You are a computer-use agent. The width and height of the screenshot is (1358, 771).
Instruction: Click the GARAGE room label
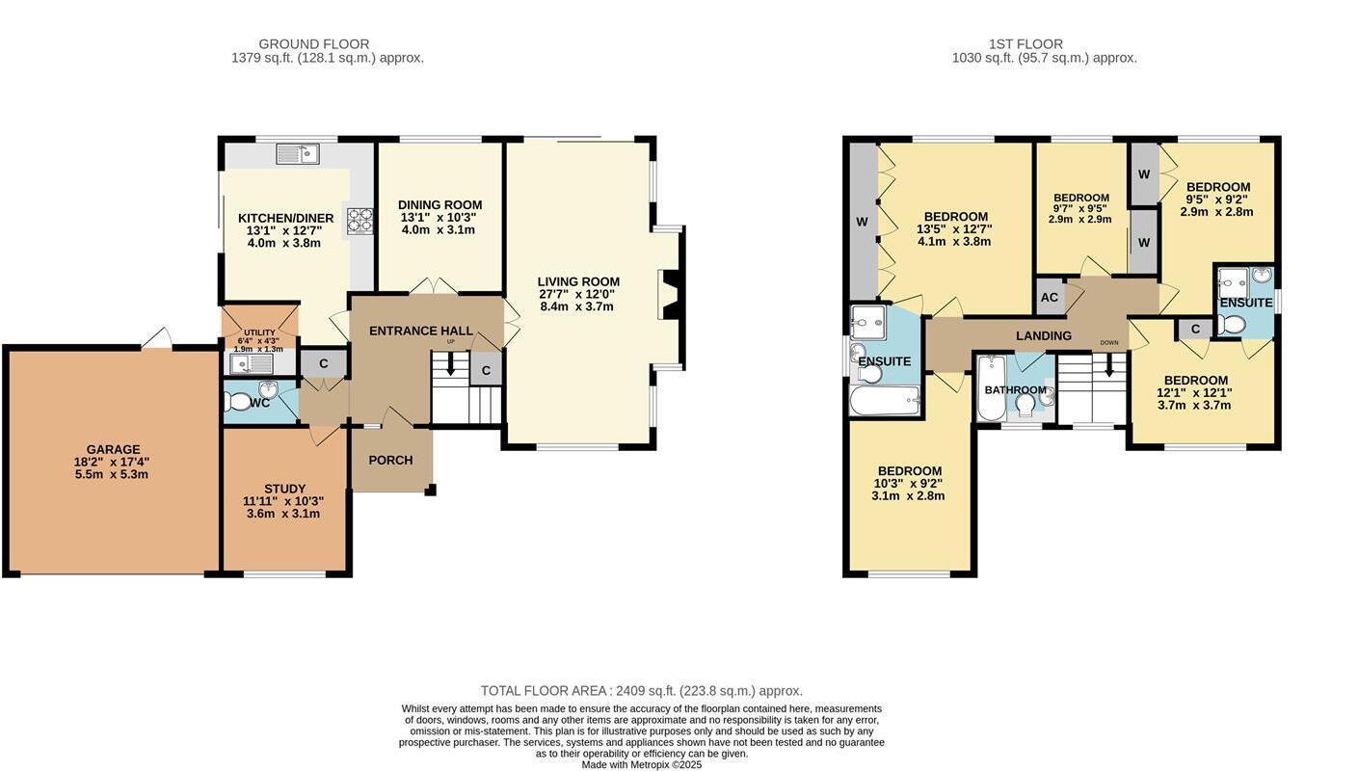point(113,449)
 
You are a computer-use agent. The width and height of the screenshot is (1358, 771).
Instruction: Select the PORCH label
point(390,460)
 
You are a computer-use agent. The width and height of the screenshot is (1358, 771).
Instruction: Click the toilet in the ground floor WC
point(237,402)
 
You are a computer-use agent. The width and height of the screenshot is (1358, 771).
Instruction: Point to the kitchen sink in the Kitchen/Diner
point(297,153)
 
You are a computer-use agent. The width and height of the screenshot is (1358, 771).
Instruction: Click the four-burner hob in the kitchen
point(360,221)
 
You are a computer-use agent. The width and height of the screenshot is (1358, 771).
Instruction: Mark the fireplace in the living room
point(671,294)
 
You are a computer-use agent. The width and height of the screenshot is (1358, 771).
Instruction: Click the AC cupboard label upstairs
point(1050,298)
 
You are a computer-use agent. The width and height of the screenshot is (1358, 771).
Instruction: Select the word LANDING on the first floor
point(1044,335)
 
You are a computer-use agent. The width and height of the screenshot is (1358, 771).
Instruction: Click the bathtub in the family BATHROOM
point(991,389)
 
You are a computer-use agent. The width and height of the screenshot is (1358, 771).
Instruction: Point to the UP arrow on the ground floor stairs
point(450,365)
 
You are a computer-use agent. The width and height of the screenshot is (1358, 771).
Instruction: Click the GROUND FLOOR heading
point(313,43)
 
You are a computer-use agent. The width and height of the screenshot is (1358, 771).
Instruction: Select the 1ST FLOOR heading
point(1025,43)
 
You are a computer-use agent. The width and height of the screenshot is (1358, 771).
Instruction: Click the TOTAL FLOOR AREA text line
point(641,690)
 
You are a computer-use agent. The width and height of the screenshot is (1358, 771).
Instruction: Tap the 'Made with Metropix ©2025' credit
point(641,764)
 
